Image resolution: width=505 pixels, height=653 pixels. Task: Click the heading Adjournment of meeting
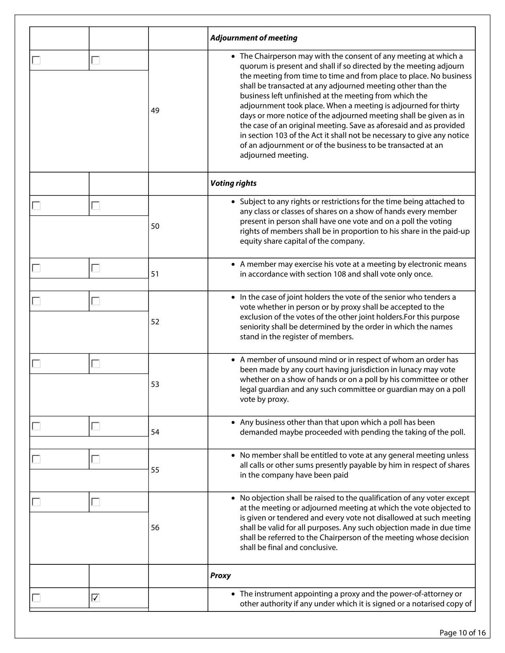(253, 38)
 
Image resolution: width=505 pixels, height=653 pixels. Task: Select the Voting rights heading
(233, 183)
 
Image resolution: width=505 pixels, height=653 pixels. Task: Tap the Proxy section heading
(220, 576)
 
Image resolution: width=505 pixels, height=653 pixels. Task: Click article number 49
(155, 110)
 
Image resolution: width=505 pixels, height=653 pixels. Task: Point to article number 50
(155, 226)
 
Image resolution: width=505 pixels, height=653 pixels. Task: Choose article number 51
(155, 274)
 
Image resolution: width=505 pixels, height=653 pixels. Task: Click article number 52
(155, 322)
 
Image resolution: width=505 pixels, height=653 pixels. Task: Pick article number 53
(155, 384)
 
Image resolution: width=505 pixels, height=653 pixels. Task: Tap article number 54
(155, 432)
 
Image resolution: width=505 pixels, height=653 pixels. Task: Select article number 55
(155, 470)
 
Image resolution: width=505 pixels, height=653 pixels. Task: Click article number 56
(155, 528)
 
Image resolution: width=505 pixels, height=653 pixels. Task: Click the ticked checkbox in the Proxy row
(95, 598)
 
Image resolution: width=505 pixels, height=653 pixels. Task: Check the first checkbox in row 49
(36, 60)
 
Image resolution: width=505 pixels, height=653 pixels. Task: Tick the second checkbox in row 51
(95, 268)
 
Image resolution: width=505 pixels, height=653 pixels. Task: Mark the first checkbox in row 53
(36, 364)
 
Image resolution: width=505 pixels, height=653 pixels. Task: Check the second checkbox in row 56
(95, 502)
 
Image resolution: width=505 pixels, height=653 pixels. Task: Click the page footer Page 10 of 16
(462, 633)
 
